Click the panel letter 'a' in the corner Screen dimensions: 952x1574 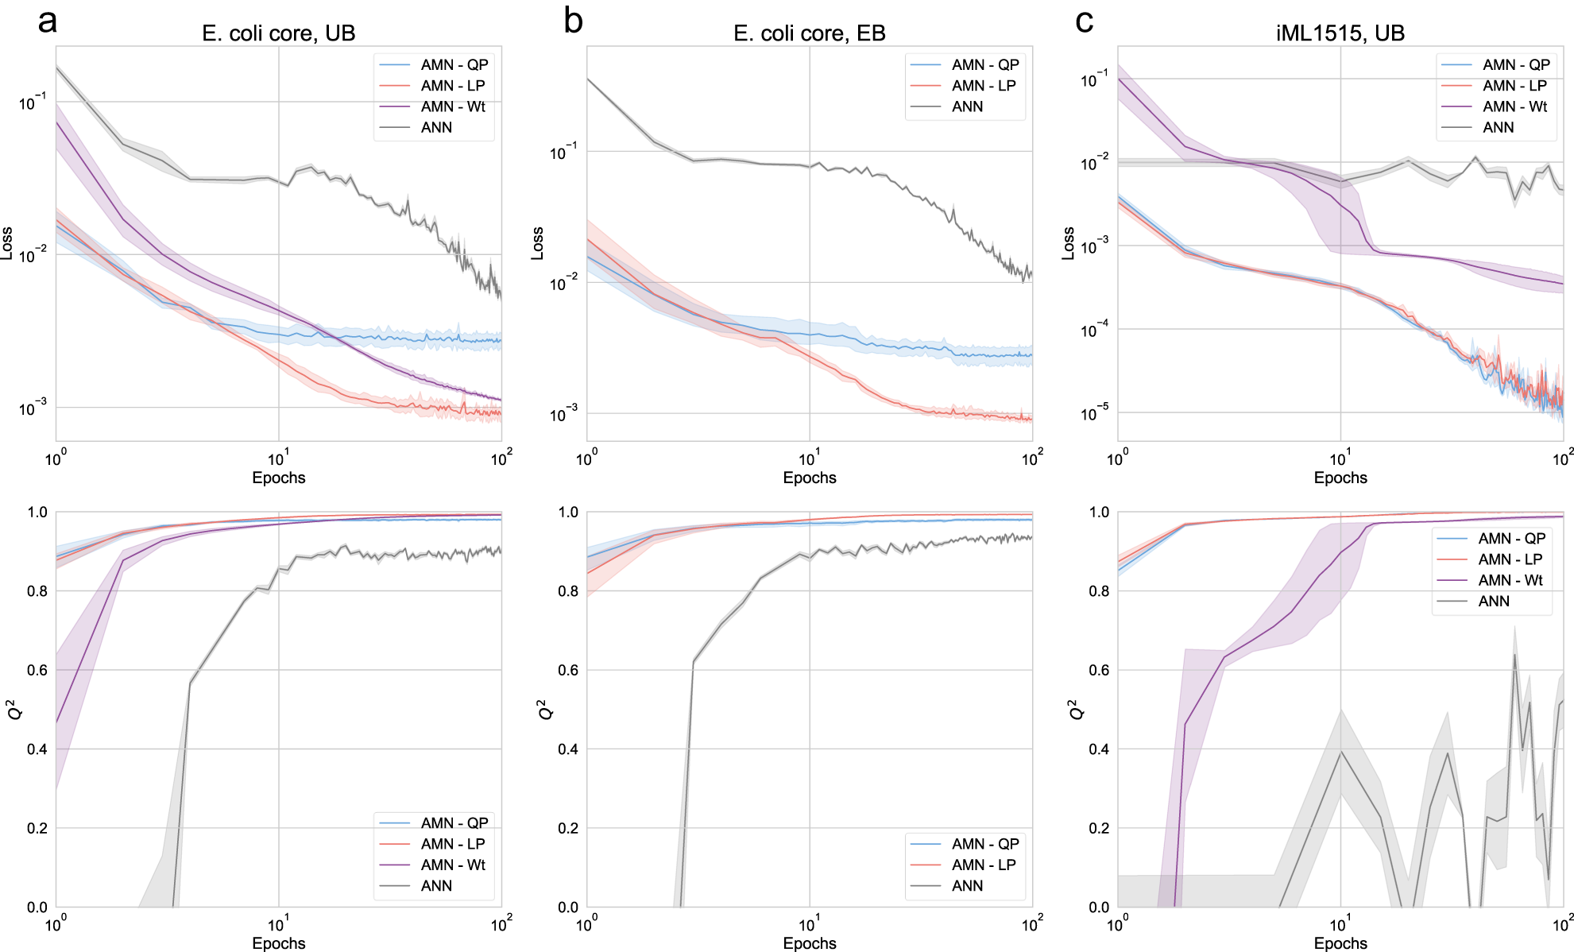(x=48, y=21)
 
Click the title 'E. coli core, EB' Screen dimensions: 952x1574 (x=809, y=33)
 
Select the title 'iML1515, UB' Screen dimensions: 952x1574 (x=1340, y=33)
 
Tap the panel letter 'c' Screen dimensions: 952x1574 (x=1084, y=21)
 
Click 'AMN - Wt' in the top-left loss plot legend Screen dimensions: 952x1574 (x=453, y=106)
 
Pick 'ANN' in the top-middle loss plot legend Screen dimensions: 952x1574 (x=967, y=106)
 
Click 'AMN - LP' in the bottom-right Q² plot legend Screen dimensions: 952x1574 (x=1510, y=559)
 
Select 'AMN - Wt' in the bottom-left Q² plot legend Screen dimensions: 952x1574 (x=453, y=865)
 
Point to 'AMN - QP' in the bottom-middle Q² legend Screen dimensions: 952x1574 (x=985, y=844)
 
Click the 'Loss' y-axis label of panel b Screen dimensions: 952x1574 (x=538, y=243)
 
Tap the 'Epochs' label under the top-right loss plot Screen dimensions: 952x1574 (x=1340, y=478)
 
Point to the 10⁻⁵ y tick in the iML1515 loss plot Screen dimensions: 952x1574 (x=1094, y=413)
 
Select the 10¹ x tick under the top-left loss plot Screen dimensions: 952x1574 (x=277, y=459)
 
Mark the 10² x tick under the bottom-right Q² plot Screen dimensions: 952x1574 (x=1563, y=924)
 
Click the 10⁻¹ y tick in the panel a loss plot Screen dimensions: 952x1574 (x=33, y=103)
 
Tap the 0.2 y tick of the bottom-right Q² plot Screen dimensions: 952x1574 (x=1098, y=828)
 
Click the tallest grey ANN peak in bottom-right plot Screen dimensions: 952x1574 (x=1514, y=654)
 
